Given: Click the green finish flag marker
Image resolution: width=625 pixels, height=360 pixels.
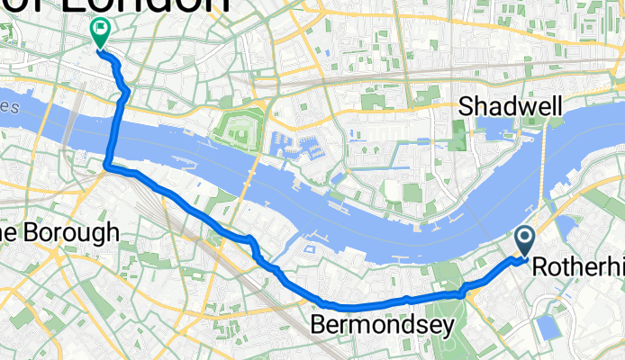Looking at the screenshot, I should pos(99,32).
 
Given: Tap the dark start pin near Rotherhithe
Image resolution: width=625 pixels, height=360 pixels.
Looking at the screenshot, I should pos(525,240).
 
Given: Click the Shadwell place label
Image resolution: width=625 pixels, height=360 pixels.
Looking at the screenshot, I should pos(511,106).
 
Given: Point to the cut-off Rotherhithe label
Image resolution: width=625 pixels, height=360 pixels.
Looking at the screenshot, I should pos(577,267).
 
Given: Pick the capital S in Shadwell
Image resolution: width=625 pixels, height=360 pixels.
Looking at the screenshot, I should pos(466,106).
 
